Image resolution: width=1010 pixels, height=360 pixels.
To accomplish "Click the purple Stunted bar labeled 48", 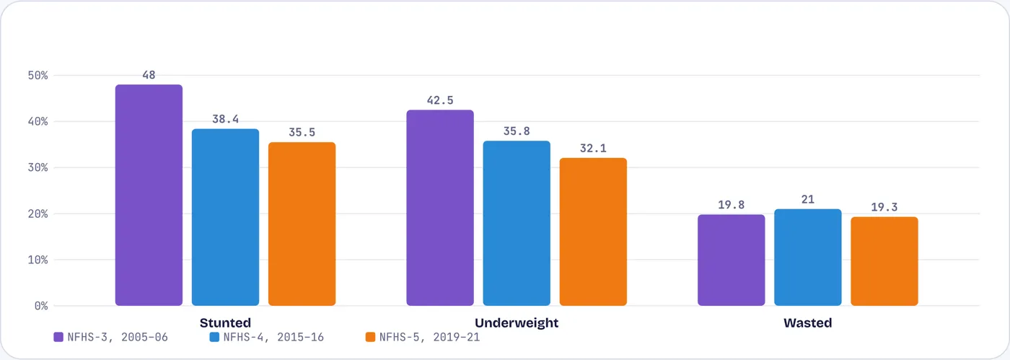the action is coord(149,195).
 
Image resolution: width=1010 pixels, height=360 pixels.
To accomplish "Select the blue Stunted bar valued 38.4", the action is coord(225,217).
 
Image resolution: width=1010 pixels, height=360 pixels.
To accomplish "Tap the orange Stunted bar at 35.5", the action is coord(302,224).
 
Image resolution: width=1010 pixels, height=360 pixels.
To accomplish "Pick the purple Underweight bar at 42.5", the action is coord(440,208).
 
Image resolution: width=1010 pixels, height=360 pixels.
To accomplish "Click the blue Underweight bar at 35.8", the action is coord(517,224).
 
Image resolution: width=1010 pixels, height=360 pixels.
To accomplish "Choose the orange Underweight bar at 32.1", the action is coord(593,232).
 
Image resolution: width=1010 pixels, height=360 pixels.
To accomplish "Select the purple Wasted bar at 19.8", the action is coord(732,260).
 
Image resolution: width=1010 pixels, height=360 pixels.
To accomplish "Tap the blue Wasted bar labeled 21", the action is coord(808,257).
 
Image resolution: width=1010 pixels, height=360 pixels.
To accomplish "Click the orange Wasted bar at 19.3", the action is coord(884,261).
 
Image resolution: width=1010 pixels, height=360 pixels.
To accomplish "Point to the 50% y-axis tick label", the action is coord(38,75).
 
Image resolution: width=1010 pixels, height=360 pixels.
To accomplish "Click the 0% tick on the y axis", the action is coord(41,306).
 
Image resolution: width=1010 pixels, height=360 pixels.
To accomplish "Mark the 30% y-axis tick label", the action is coord(38,167).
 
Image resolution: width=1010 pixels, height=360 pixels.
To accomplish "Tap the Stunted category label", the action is coord(225,323).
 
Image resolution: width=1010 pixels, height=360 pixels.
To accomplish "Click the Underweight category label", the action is coord(517,323).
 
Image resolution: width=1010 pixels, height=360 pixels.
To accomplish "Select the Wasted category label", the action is coord(808,323).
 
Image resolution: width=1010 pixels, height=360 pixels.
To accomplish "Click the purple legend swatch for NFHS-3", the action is coord(58,337).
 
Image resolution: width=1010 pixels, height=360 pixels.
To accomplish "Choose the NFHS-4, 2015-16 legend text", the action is coord(273,337).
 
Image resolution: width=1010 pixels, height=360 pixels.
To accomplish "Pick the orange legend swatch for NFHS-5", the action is coord(371,337).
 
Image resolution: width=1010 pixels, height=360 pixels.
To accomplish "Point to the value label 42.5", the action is coord(440,100).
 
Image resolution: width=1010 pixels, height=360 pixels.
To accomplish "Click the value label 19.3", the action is coord(884,207).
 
